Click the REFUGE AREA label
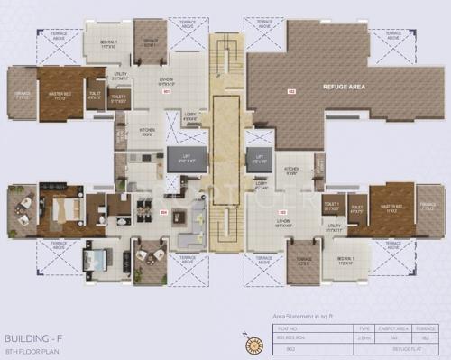[x=345, y=88]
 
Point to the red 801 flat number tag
[x=166, y=92]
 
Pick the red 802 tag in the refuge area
[x=290, y=92]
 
